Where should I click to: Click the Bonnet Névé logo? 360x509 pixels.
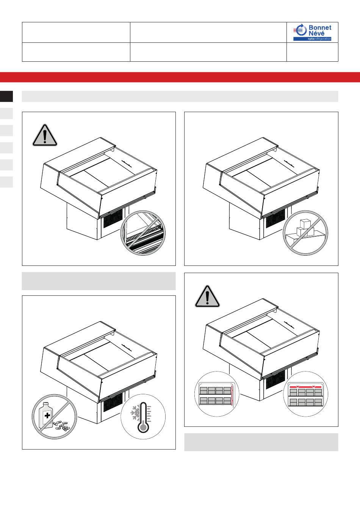(312, 32)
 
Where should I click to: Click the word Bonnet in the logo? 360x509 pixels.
(320, 28)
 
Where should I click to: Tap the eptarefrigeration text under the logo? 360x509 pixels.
(319, 39)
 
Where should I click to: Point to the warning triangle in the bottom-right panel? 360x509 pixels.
(207, 296)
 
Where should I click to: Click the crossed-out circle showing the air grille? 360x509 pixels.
(143, 233)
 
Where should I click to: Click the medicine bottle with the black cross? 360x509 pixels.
(46, 415)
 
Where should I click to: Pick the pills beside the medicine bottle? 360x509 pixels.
(62, 426)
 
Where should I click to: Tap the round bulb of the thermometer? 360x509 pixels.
(143, 428)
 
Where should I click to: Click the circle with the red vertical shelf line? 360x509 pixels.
(217, 394)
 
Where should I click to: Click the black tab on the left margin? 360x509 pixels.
(6, 96)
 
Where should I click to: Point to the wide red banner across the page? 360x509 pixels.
(180, 77)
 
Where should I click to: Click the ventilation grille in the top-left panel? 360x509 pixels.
(113, 218)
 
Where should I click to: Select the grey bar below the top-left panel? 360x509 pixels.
(99, 281)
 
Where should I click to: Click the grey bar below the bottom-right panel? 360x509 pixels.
(261, 442)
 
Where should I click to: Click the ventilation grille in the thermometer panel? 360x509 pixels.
(113, 402)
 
